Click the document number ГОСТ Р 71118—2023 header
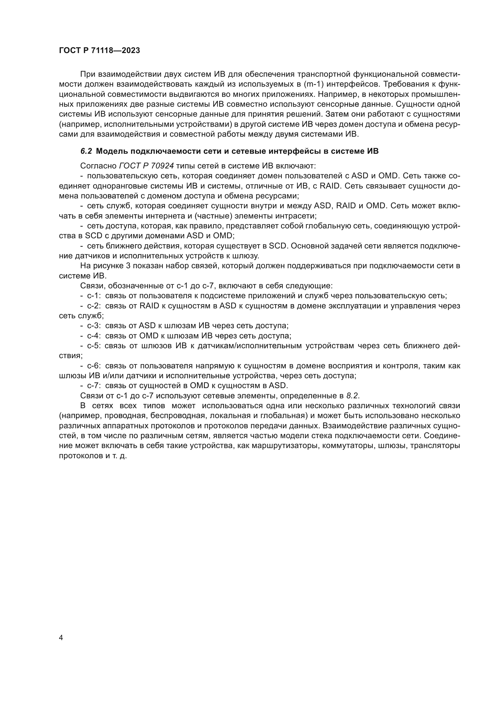(x=99, y=51)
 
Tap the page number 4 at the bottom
(x=61, y=638)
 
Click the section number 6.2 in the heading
(x=86, y=151)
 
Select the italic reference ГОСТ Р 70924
(x=146, y=166)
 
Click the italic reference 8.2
(x=353, y=396)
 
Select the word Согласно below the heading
(x=98, y=166)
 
